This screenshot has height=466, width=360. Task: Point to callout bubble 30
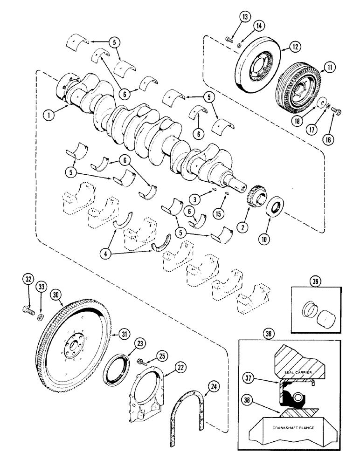(x=56, y=295)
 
